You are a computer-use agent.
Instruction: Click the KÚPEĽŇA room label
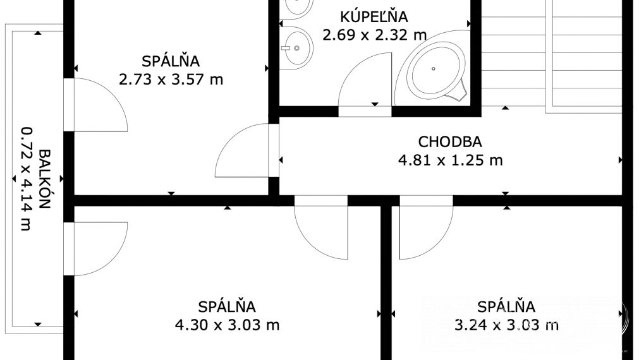click(x=374, y=17)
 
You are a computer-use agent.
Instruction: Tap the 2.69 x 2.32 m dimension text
click(x=374, y=34)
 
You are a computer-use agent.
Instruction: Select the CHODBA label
click(x=450, y=141)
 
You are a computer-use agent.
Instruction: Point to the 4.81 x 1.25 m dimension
click(x=450, y=160)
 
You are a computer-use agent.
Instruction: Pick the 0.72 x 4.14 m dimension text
click(x=26, y=179)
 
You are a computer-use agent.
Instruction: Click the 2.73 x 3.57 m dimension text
click(x=171, y=80)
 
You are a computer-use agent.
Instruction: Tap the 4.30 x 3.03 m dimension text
click(x=227, y=325)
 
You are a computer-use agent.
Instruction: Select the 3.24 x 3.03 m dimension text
click(x=506, y=325)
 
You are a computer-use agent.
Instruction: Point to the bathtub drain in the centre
click(x=434, y=68)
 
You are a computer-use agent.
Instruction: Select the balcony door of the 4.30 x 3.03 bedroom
click(x=98, y=248)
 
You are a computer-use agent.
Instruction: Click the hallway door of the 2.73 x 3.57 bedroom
click(x=243, y=152)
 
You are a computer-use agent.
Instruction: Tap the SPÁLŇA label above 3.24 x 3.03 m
click(x=506, y=307)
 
